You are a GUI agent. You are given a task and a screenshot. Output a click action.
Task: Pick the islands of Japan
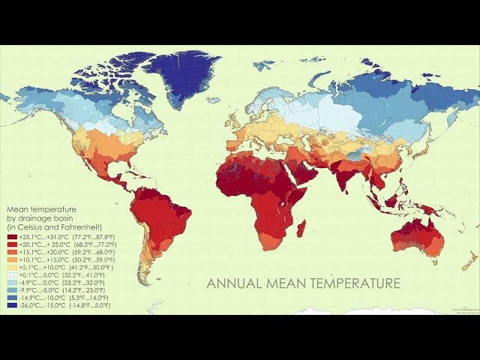pos(426,139)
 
